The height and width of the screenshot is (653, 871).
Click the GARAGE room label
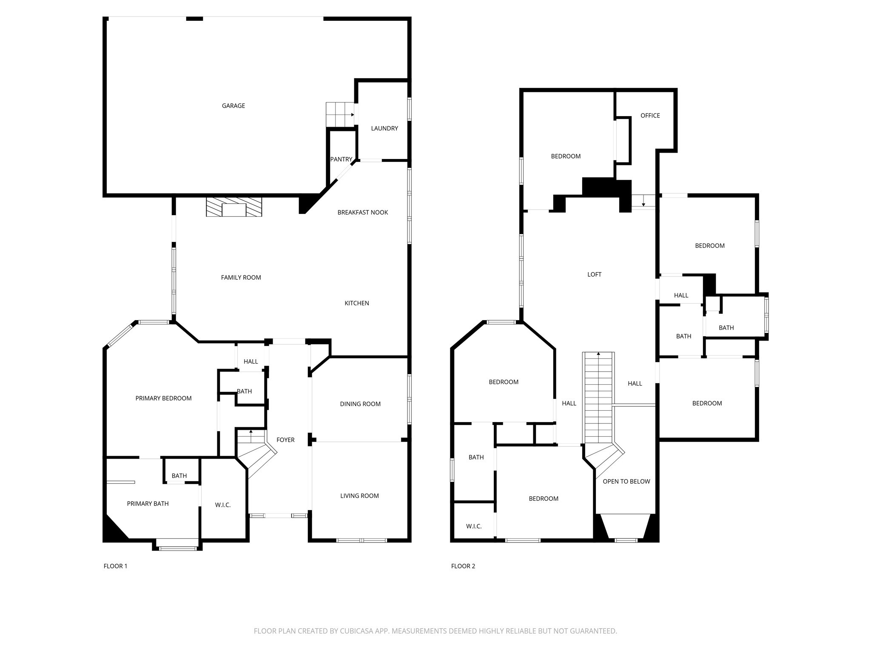click(233, 106)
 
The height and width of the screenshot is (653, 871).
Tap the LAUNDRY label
click(384, 128)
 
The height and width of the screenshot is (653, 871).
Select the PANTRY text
click(341, 159)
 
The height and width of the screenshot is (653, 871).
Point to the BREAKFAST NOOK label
click(362, 213)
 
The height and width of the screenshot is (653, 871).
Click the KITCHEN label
click(356, 303)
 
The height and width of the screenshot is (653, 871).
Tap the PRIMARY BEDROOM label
click(163, 398)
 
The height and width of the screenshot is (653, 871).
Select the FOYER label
click(285, 440)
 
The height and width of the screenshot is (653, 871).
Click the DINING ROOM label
click(360, 404)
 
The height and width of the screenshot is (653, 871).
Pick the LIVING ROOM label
click(359, 496)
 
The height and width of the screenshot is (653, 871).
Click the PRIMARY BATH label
click(148, 504)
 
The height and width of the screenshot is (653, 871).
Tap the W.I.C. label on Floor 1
click(222, 505)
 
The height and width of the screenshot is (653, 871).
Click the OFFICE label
click(650, 116)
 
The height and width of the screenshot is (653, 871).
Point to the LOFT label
click(594, 275)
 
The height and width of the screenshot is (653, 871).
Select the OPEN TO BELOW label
click(626, 482)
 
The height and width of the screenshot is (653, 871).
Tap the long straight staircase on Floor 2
click(598, 397)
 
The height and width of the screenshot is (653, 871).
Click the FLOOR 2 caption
click(463, 566)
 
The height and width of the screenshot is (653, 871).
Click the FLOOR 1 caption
click(115, 566)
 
